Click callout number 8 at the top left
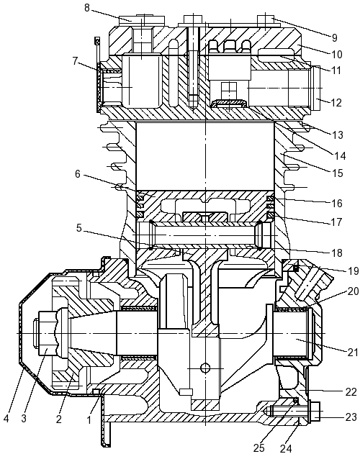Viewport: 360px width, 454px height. [88, 8]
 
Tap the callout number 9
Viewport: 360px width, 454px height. [335, 37]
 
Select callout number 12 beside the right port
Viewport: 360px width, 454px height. [336, 103]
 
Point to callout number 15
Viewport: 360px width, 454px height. [338, 173]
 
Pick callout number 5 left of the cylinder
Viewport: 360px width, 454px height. [79, 228]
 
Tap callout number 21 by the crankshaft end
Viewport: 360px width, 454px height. [353, 353]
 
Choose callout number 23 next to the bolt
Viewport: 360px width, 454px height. [351, 417]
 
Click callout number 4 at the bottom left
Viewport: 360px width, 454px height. [6, 419]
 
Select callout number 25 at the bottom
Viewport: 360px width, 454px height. [259, 448]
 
